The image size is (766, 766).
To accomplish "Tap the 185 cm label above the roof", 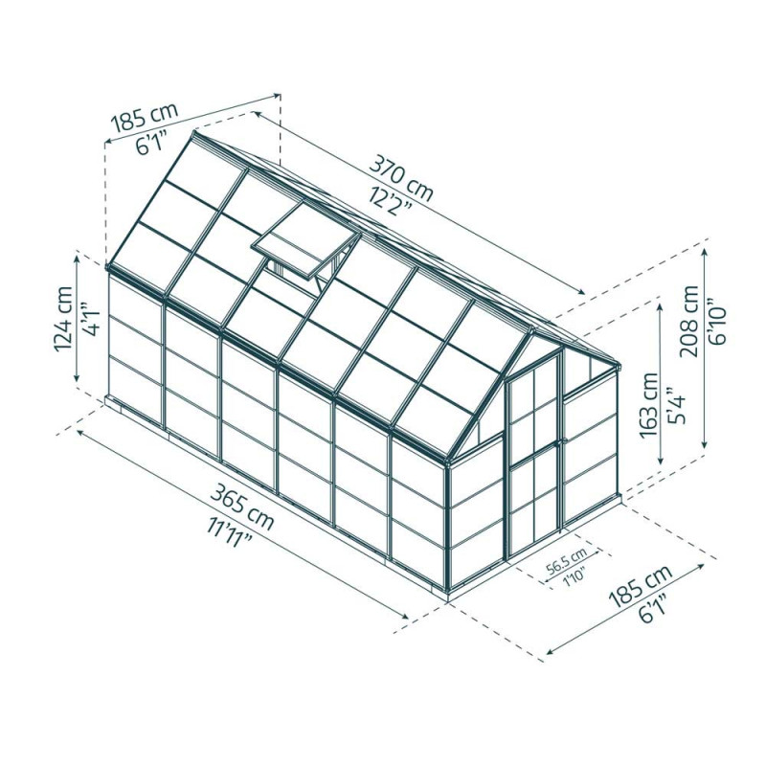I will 145,119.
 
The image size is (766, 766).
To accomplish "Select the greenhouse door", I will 534,458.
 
